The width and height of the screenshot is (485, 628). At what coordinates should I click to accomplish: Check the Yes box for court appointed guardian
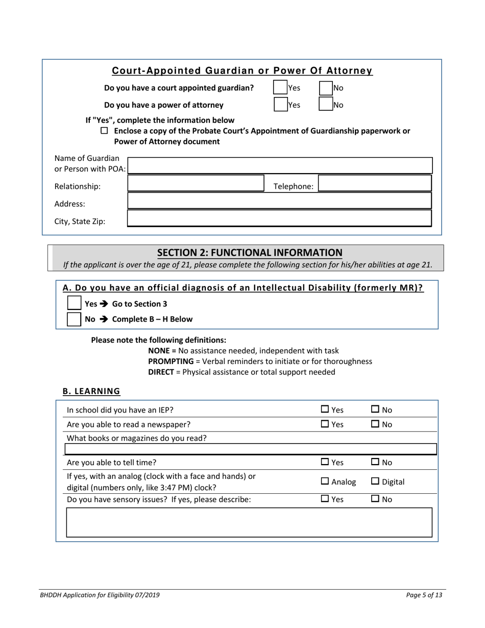click(x=280, y=87)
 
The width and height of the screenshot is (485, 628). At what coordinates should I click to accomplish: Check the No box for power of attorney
click(x=326, y=105)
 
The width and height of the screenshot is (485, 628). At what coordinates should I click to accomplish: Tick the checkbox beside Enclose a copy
click(x=105, y=131)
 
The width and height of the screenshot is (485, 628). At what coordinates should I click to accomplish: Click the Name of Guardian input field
click(x=279, y=165)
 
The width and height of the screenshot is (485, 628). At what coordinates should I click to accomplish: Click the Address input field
click(x=279, y=201)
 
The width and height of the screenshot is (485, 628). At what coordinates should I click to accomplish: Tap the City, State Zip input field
click(x=279, y=219)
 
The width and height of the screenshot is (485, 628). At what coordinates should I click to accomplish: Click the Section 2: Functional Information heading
click(x=250, y=252)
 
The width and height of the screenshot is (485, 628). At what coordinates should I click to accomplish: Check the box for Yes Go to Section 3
click(x=75, y=303)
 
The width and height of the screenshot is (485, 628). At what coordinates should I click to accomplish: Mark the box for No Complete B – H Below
click(x=75, y=319)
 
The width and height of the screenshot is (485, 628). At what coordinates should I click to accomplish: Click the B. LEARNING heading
click(x=91, y=391)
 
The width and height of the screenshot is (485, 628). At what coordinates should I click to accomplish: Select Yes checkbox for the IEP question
click(x=325, y=409)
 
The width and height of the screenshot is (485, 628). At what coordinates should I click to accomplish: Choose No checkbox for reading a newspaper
click(x=375, y=424)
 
